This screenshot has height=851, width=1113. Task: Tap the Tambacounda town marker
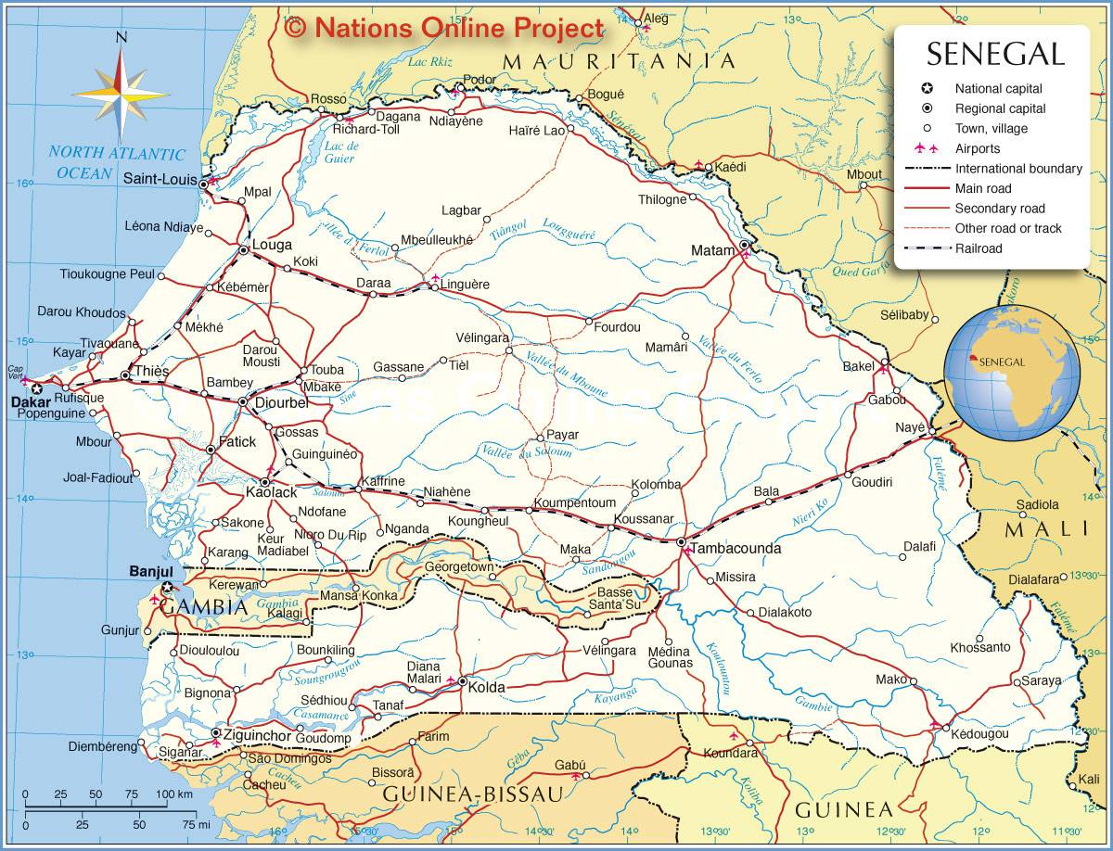coord(681,541)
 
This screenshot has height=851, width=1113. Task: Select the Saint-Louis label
coord(160,180)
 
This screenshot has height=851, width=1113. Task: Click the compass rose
coord(122,93)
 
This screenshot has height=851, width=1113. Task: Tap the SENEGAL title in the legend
coord(995,54)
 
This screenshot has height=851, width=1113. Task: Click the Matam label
coord(713,250)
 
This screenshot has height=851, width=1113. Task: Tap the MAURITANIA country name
coord(619,61)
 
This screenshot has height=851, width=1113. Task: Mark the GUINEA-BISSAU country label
coord(473,794)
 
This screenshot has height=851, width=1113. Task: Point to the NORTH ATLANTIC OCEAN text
coord(116,163)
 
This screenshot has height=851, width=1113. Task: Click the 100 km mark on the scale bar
coord(173,794)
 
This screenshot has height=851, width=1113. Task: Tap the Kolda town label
coord(486,687)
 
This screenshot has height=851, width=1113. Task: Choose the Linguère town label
coord(465,284)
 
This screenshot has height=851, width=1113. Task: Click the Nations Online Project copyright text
coord(445,28)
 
